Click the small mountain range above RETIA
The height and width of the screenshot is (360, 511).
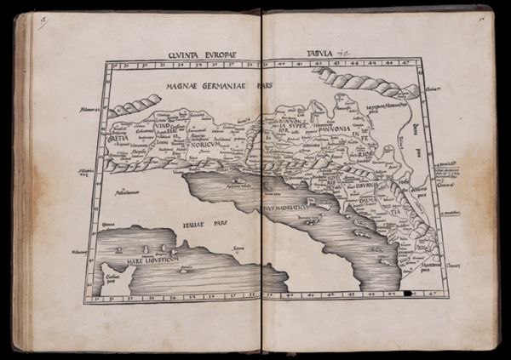pos(135,106)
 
